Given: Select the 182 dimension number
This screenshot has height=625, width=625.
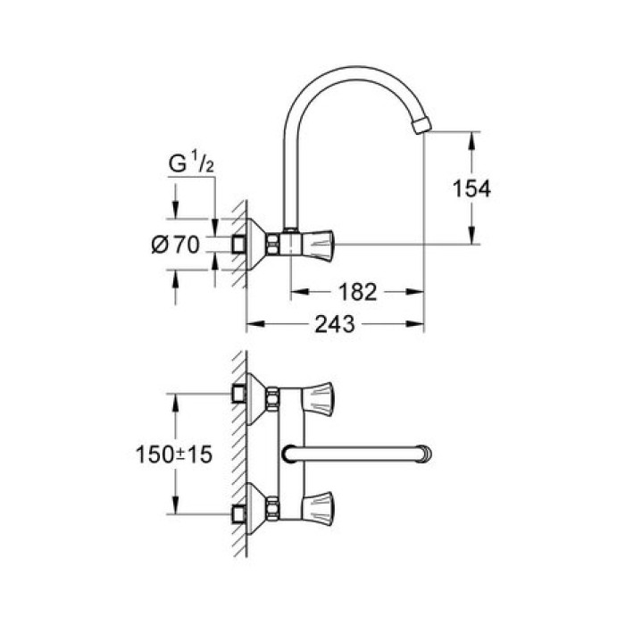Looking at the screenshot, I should (x=358, y=292).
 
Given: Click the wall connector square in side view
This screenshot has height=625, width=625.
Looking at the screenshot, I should (x=238, y=243).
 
